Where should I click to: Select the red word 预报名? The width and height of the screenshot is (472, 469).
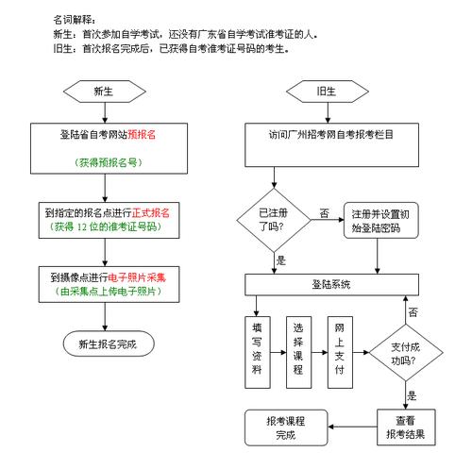(x=142, y=135)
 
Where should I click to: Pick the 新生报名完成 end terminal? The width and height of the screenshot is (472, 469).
(x=107, y=344)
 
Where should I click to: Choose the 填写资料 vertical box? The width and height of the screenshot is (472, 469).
(x=256, y=348)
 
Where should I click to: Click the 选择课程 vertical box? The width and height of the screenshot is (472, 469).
(x=298, y=348)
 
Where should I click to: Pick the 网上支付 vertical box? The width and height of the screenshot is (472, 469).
(x=341, y=348)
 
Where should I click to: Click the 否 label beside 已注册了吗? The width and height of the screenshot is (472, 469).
(x=325, y=213)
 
